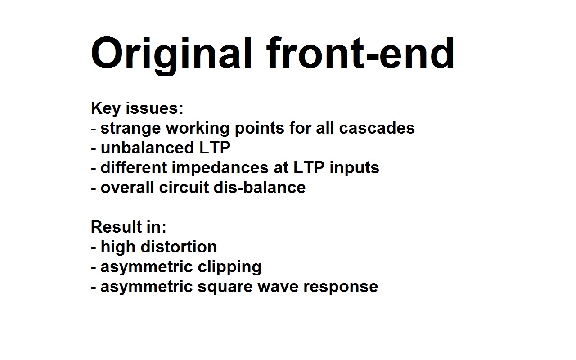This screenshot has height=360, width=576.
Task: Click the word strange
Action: coord(130,129)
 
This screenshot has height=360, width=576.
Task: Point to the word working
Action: coord(198,129)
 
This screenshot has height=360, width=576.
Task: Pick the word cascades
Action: coord(377,128)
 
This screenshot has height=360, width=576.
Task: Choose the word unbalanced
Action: coord(147,148)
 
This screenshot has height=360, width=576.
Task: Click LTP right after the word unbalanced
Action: coord(215,148)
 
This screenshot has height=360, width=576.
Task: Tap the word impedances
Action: coord(220,168)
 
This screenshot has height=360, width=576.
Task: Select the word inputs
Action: coord(354,168)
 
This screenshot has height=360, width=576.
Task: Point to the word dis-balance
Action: coord(260,187)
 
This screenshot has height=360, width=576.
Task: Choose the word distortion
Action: coord(179,247)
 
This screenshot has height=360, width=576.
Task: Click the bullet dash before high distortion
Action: coord(93,248)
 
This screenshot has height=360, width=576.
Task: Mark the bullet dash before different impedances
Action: coord(93,169)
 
